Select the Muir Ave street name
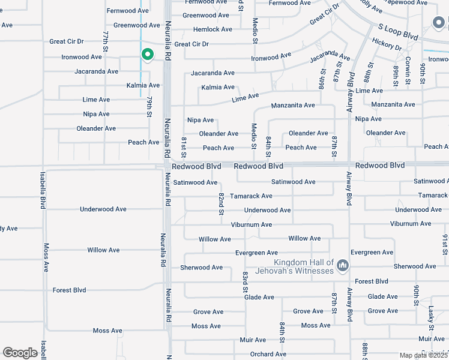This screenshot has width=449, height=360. point(253,340)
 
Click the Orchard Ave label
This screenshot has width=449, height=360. point(268,354)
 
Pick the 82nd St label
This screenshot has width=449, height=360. point(221,204)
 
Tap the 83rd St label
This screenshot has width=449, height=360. point(246,281)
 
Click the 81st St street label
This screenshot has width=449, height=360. point(184,147)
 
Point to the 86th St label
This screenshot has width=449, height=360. point(322,79)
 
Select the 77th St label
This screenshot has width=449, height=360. point(105,41)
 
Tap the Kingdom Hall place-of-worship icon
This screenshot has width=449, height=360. point(342,265)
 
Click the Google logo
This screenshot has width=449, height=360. point(20,353)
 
